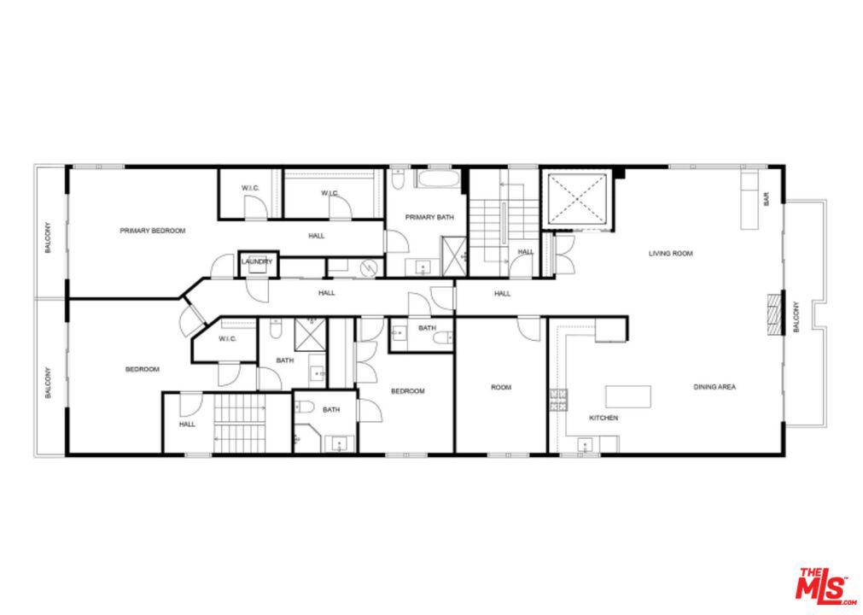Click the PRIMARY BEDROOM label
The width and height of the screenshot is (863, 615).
152,231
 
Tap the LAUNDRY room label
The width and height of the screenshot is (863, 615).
256,261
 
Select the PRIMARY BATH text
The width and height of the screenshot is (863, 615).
429,218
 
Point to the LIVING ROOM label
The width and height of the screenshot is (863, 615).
670,254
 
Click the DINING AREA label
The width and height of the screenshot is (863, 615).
714,387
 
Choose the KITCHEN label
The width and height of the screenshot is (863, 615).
604,418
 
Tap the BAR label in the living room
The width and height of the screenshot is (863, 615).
767,200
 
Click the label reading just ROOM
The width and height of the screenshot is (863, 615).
501,388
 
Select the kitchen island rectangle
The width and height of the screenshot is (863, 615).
628,396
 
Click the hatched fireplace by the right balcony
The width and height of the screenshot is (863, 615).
774,314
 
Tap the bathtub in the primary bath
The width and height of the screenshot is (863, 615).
439,179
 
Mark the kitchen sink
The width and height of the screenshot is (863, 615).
586,444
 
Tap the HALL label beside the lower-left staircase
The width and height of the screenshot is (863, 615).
187,425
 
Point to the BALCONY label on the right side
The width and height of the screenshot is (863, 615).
796,316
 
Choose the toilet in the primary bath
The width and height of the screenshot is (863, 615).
399,180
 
